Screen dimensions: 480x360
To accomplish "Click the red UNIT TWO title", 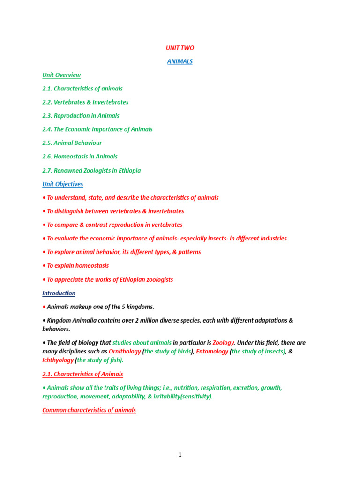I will [x=180, y=48].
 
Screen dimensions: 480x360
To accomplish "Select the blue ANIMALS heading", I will [x=180, y=61].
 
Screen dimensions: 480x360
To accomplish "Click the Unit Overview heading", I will [x=61, y=75].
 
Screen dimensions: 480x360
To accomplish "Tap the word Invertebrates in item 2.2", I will [x=111, y=102].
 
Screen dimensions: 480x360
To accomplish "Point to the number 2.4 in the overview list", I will [x=47, y=129].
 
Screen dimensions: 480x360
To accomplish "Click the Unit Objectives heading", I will [x=63, y=184].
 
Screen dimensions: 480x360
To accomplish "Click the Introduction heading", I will [x=59, y=293].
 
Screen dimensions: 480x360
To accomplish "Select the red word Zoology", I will [x=223, y=343].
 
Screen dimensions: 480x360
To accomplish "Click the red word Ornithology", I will [x=124, y=351].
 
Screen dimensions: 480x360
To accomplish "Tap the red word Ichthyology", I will [x=58, y=360].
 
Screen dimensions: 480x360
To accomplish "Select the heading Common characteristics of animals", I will [x=89, y=410].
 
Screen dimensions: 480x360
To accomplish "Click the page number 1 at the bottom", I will [x=180, y=455].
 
